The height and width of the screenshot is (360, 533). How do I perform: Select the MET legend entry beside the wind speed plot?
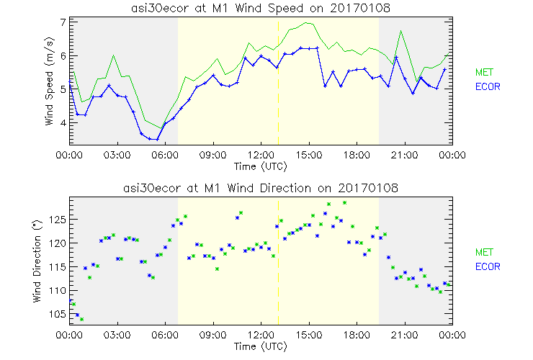[x=483, y=73]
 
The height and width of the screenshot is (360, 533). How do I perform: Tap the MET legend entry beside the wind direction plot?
[x=483, y=252]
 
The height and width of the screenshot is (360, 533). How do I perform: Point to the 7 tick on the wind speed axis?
[x=63, y=22]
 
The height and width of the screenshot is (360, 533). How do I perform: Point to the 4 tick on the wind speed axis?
[x=63, y=123]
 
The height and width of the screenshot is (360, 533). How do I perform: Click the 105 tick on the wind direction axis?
[x=58, y=314]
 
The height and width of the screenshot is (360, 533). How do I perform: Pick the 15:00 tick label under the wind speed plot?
[x=309, y=154]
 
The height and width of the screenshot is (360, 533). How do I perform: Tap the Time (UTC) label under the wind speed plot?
[x=261, y=166]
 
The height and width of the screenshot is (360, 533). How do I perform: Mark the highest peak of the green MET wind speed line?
[x=308, y=22]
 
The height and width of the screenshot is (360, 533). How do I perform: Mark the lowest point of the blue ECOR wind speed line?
[x=157, y=139]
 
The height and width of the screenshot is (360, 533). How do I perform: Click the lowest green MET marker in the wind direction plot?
[x=81, y=319]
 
